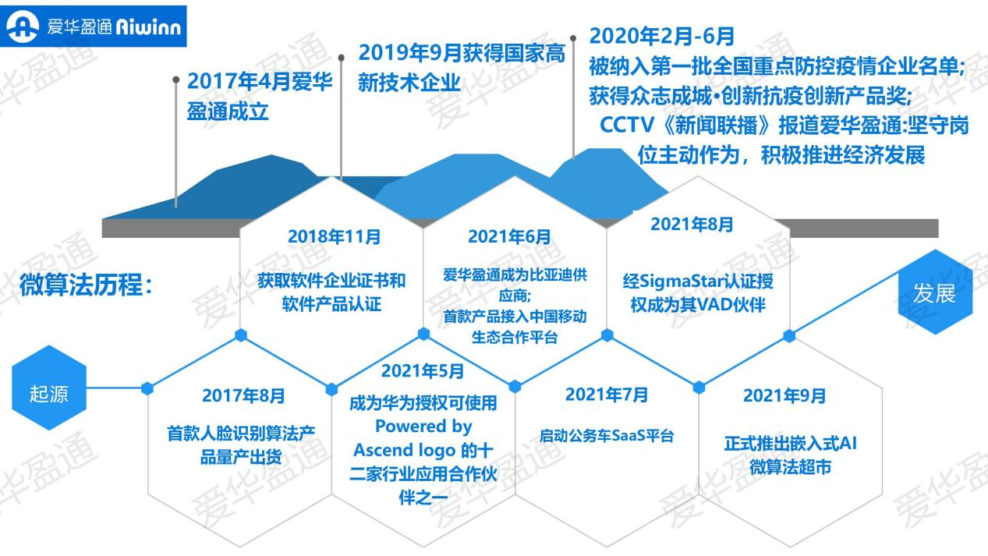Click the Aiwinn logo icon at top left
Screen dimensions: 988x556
click(23, 27)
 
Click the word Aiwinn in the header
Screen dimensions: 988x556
click(148, 27)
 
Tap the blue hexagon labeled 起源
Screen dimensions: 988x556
click(49, 388)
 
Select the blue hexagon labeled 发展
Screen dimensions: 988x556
click(935, 292)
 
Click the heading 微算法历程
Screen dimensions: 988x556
click(86, 285)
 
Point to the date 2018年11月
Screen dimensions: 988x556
click(334, 237)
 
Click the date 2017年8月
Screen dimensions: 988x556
click(243, 395)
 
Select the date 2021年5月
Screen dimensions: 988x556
click(423, 371)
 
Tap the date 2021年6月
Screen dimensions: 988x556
click(509, 237)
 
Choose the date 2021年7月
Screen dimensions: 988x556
click(607, 395)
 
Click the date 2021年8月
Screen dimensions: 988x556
click(692, 225)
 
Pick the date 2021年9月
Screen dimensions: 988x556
click(784, 395)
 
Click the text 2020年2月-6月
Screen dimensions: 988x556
click(661, 36)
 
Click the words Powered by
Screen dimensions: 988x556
click(423, 427)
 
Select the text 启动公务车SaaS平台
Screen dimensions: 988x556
click(607, 436)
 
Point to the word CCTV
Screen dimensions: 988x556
click(626, 126)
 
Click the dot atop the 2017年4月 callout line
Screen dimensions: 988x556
click(176, 80)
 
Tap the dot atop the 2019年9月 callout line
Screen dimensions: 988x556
click(341, 58)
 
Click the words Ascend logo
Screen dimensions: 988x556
click(405, 450)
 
